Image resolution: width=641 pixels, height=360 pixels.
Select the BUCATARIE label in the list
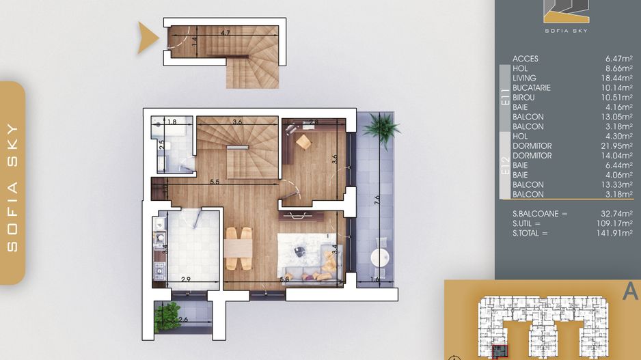tap(531, 88)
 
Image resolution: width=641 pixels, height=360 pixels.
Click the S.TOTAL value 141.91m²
tap(616, 233)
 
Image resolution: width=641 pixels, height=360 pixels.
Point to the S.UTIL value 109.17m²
tap(616, 223)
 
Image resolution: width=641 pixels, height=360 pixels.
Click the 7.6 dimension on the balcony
tap(377, 199)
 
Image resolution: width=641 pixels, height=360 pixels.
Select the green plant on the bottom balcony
tap(167, 316)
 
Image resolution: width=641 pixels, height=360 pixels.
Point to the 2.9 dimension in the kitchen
tap(187, 279)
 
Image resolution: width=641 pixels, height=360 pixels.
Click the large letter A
tap(629, 291)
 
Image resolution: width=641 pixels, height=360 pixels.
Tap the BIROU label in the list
tap(524, 98)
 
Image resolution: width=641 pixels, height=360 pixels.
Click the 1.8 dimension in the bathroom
tap(172, 122)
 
